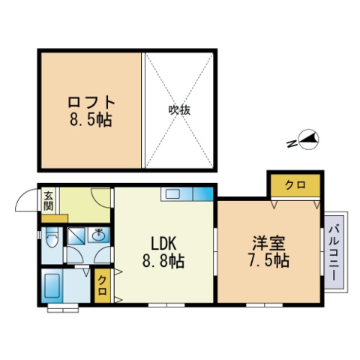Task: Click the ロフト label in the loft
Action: (x=91, y=103)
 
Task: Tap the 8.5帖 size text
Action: (x=91, y=120)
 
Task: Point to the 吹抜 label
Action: (x=179, y=110)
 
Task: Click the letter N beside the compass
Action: (x=292, y=144)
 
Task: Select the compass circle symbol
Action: (x=309, y=139)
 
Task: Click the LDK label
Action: (x=163, y=243)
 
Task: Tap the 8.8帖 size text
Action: (x=163, y=261)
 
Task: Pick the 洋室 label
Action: (x=268, y=243)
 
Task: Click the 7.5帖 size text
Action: (x=268, y=261)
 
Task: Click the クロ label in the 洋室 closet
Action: (x=295, y=185)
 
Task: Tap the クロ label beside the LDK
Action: (x=102, y=286)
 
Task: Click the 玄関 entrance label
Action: (x=49, y=201)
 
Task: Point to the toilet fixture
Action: (x=52, y=237)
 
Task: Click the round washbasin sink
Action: (x=100, y=235)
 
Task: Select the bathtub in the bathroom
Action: (x=52, y=285)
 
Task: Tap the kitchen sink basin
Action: (x=172, y=194)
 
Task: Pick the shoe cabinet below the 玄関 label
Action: (x=55, y=218)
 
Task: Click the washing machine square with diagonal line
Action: (x=76, y=235)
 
